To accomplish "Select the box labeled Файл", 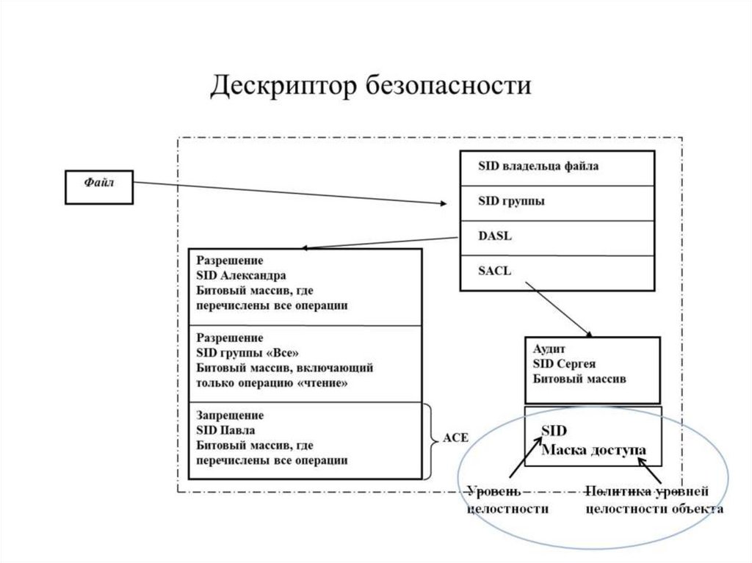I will pyautogui.click(x=99, y=186).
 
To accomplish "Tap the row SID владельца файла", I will pyautogui.click(x=538, y=167).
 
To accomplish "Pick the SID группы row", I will pyautogui.click(x=511, y=201).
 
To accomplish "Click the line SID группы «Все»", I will pyautogui.click(x=247, y=352).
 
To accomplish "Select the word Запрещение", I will pyautogui.click(x=230, y=415).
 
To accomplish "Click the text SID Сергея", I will pyautogui.click(x=563, y=364).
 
